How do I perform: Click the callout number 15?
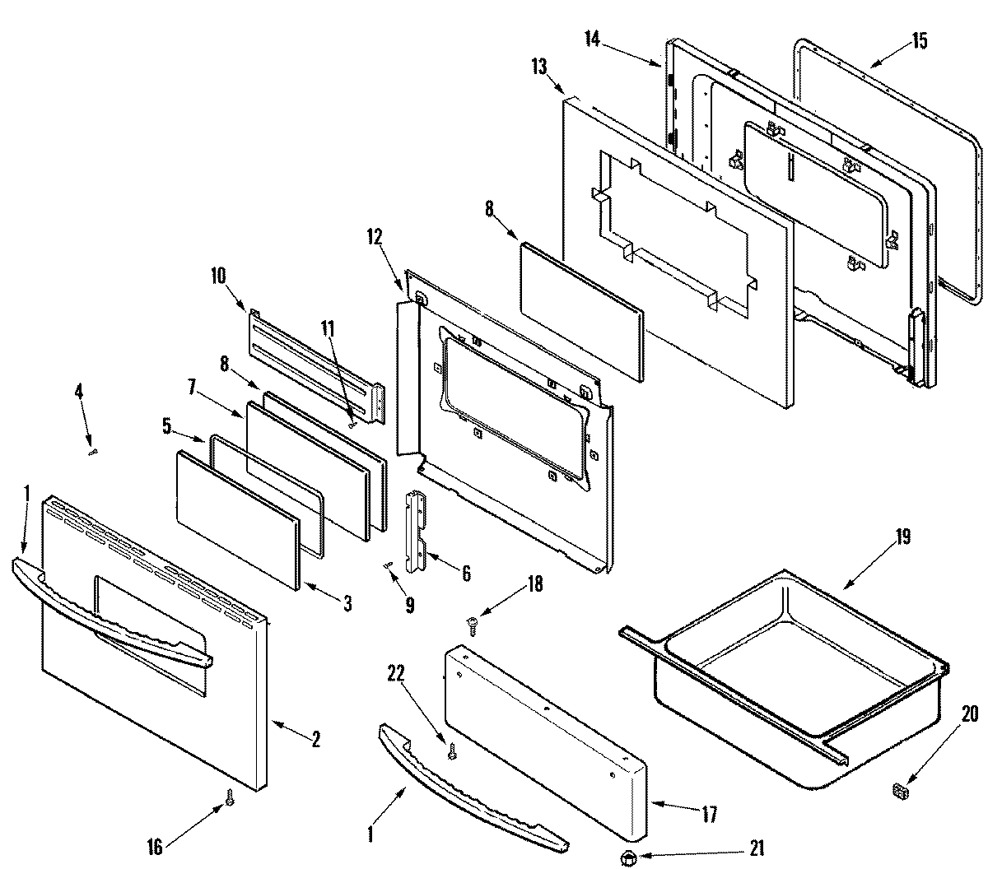pyautogui.click(x=920, y=40)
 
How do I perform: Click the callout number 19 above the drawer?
pyautogui.click(x=903, y=537)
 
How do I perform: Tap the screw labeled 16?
pyautogui.click(x=230, y=797)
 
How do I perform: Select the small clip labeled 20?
pyautogui.click(x=900, y=791)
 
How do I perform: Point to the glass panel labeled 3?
pyautogui.click(x=235, y=518)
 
